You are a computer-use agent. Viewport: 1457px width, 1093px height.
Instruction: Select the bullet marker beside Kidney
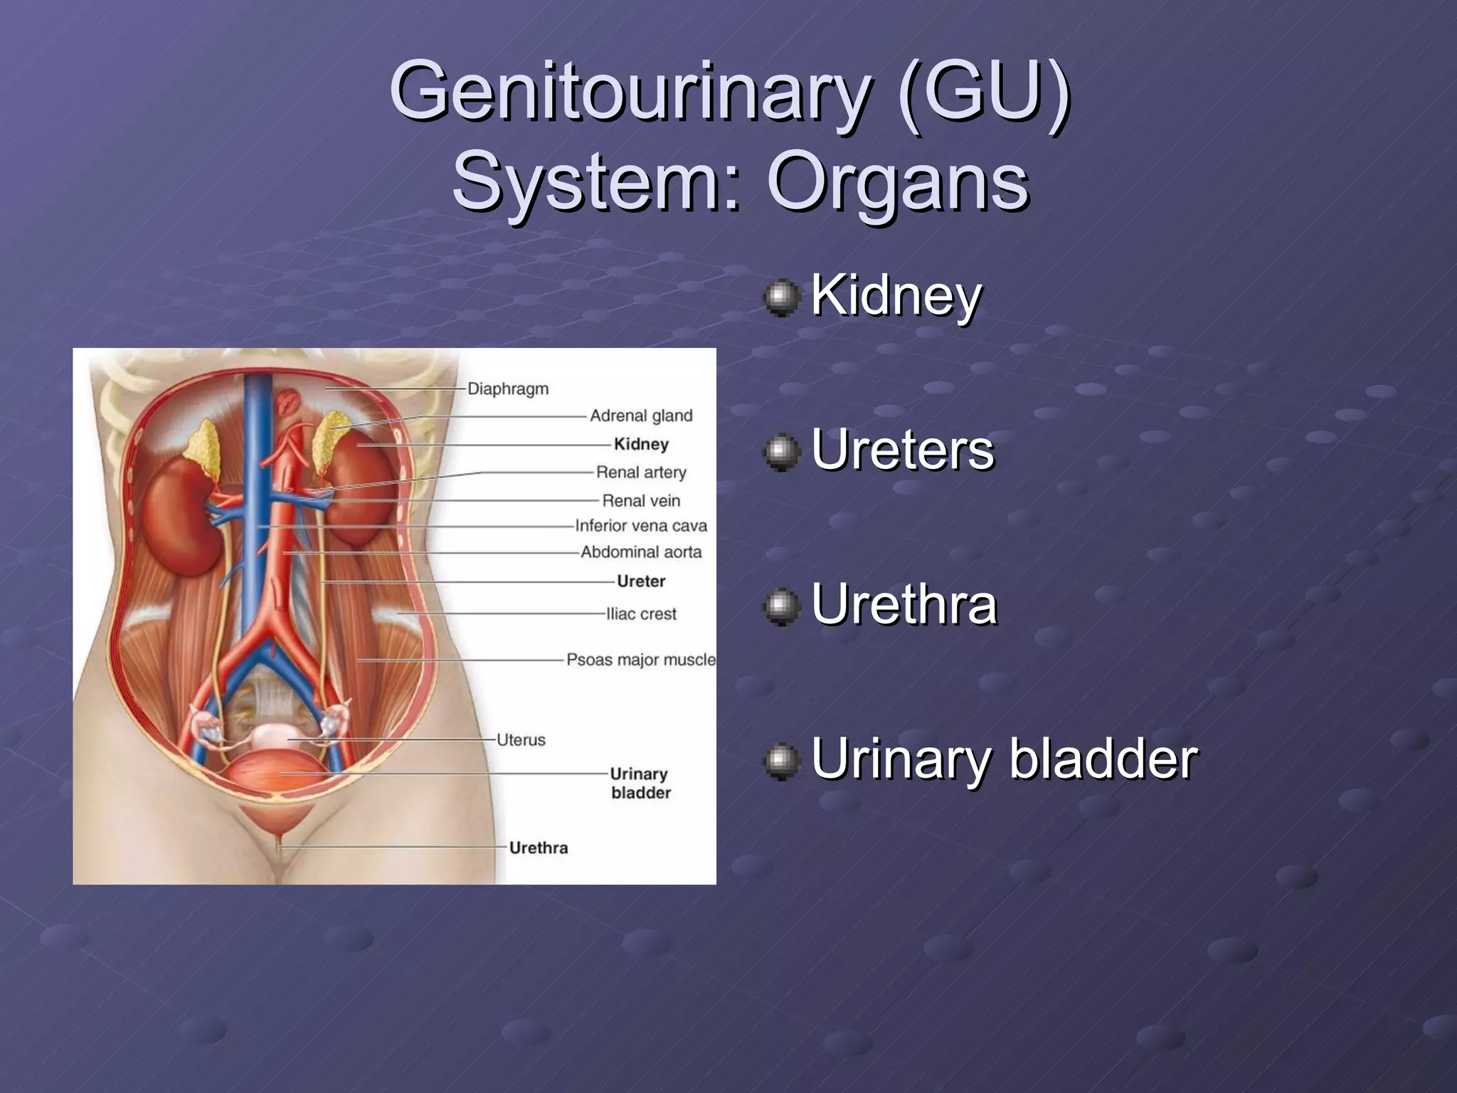coord(781,297)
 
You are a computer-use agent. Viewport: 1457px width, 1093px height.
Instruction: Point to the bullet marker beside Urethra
coord(781,606)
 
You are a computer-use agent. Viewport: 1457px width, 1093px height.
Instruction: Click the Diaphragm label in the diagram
coord(508,389)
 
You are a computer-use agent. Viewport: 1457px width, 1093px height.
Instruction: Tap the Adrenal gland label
coord(640,416)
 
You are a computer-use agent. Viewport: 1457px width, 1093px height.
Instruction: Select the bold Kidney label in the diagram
coord(641,444)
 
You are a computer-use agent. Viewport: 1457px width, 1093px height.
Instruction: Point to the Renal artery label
coord(641,472)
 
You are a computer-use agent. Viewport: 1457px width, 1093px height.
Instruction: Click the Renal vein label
coord(641,501)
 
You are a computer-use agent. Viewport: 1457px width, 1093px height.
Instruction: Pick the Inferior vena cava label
coord(641,526)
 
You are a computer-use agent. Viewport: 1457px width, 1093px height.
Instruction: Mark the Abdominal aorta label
coord(641,552)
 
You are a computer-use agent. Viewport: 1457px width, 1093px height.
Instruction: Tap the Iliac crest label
coord(641,614)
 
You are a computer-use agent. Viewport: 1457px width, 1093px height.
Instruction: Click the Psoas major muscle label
coord(640,660)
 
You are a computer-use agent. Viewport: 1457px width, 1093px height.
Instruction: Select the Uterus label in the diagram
coord(521,740)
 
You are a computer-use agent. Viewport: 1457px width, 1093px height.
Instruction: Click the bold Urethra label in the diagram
coord(539,848)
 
